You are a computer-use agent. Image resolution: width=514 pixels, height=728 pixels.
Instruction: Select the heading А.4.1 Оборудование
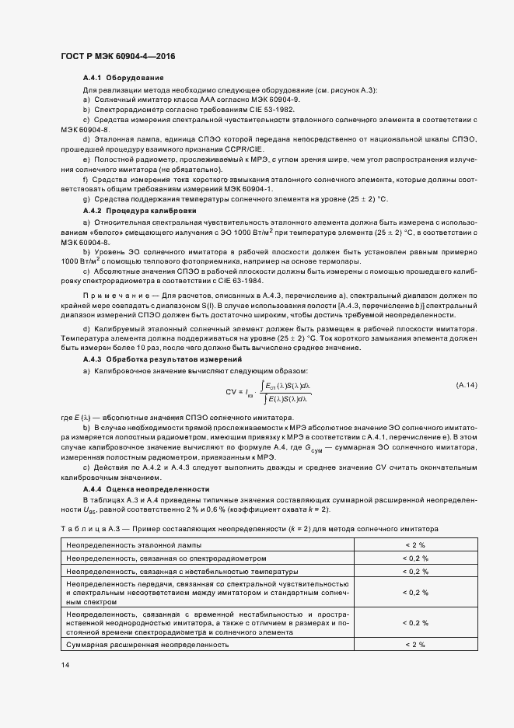tap(123, 79)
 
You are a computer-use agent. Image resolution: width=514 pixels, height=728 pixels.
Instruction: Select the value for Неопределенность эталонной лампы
tap(414, 545)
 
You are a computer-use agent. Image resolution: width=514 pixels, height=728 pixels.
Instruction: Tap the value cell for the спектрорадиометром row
tap(414, 558)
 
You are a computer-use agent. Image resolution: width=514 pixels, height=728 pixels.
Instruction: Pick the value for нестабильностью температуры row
tap(414, 571)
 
